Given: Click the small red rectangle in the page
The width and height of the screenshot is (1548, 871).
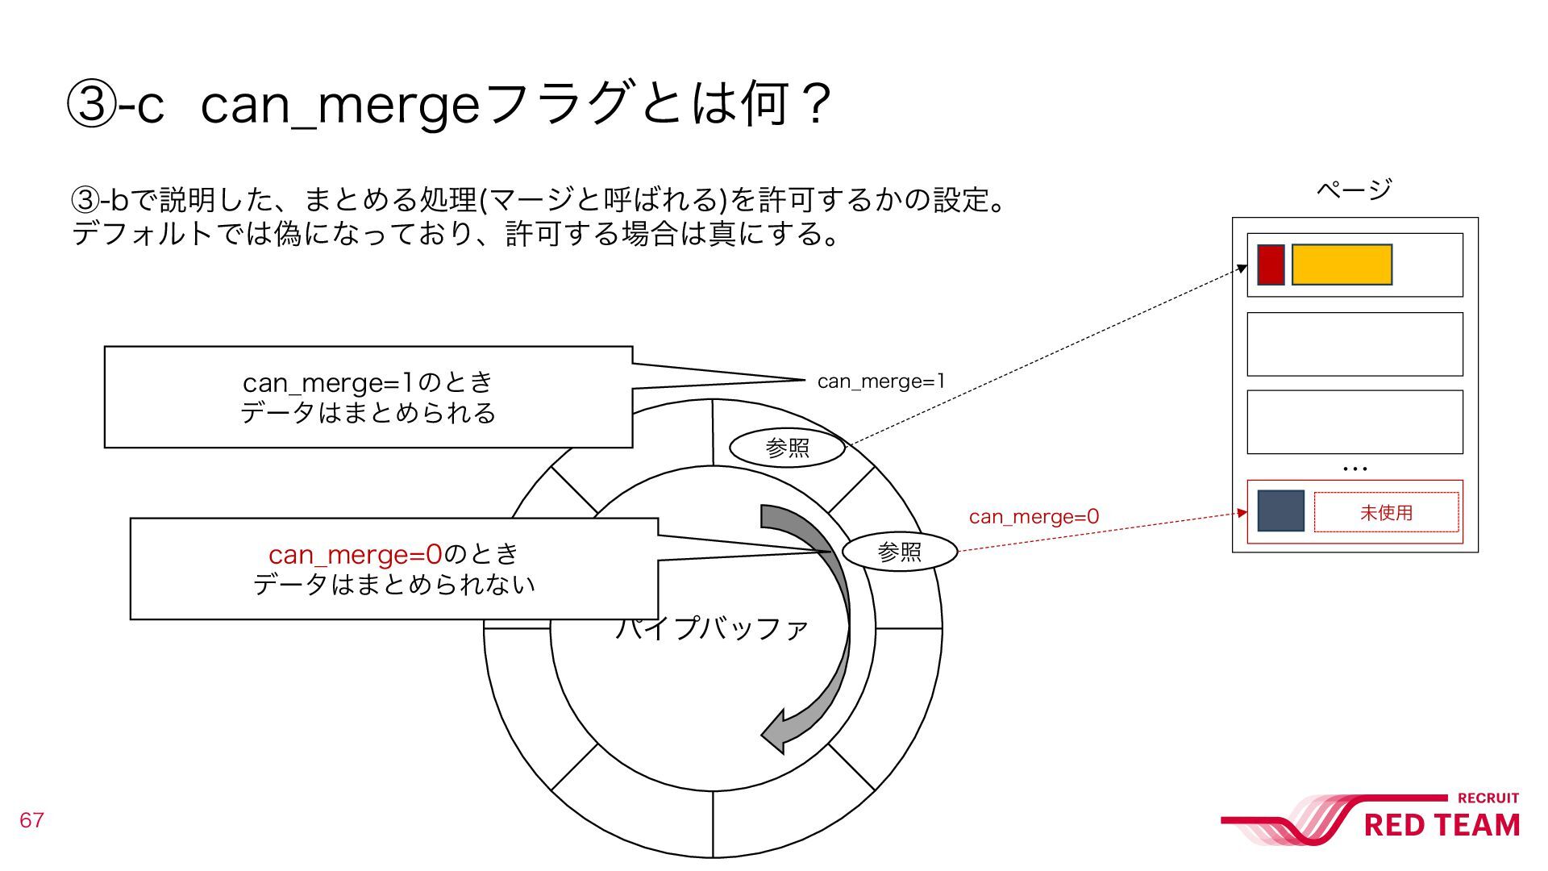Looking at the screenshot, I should (x=1271, y=265).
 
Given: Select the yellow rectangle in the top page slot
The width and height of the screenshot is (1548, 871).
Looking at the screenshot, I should (x=1342, y=265).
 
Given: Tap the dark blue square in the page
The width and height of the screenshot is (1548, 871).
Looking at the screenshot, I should (x=1280, y=511).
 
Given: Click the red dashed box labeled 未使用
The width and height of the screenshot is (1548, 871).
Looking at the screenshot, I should (x=1386, y=512).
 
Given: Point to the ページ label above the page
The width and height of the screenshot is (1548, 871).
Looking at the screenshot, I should (x=1354, y=190).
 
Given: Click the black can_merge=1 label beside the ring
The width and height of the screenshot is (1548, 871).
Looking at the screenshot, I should (x=880, y=381).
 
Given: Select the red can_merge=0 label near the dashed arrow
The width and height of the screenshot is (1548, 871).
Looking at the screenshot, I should (x=1034, y=516).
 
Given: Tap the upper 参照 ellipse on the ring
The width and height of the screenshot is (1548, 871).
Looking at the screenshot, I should (x=787, y=448).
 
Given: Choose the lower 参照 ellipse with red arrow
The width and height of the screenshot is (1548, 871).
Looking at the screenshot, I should (x=899, y=552).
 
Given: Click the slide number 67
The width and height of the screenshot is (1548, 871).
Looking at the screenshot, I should (x=31, y=820).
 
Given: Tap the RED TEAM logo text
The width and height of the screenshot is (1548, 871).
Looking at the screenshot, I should (x=1442, y=825).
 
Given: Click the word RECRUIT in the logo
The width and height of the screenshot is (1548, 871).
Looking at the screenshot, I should (x=1488, y=798).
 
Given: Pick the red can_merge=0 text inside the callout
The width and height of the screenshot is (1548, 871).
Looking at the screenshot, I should (x=355, y=554).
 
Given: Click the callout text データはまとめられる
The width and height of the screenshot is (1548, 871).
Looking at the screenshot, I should (x=368, y=413).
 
